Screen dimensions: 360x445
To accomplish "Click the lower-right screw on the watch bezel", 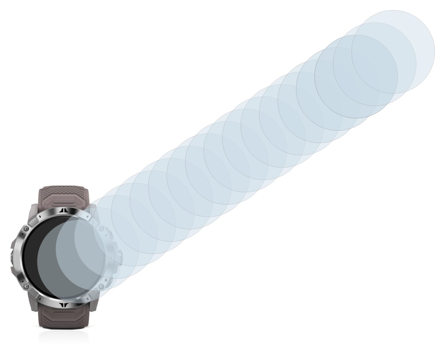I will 102,286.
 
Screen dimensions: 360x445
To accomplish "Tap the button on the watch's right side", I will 120,257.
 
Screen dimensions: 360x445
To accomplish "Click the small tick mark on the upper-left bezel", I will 39,217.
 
